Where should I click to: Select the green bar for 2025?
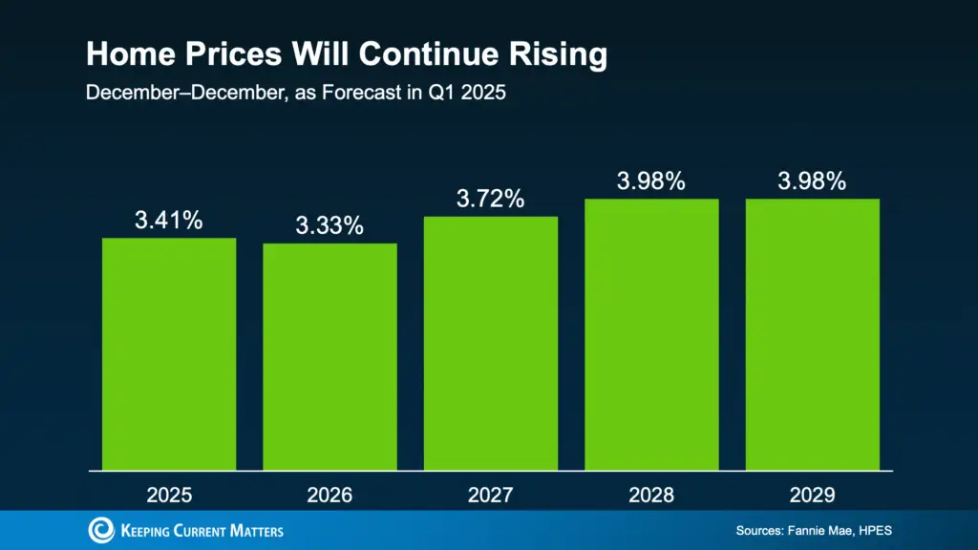pos(169,353)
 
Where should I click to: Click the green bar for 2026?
pos(330,356)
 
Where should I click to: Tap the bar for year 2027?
pos(490,343)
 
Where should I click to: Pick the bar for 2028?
pos(650,334)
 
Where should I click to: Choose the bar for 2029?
pos(812,334)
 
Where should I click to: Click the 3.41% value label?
pos(169,221)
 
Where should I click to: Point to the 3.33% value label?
pos(330,226)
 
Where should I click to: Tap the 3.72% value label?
pos(490,200)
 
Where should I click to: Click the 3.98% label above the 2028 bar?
pos(650,181)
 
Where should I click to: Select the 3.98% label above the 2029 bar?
pos(812,181)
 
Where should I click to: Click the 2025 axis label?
pos(169,496)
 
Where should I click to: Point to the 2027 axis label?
pos(490,496)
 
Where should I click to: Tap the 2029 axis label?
pos(812,496)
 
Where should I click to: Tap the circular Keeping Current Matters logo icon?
pos(100,531)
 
